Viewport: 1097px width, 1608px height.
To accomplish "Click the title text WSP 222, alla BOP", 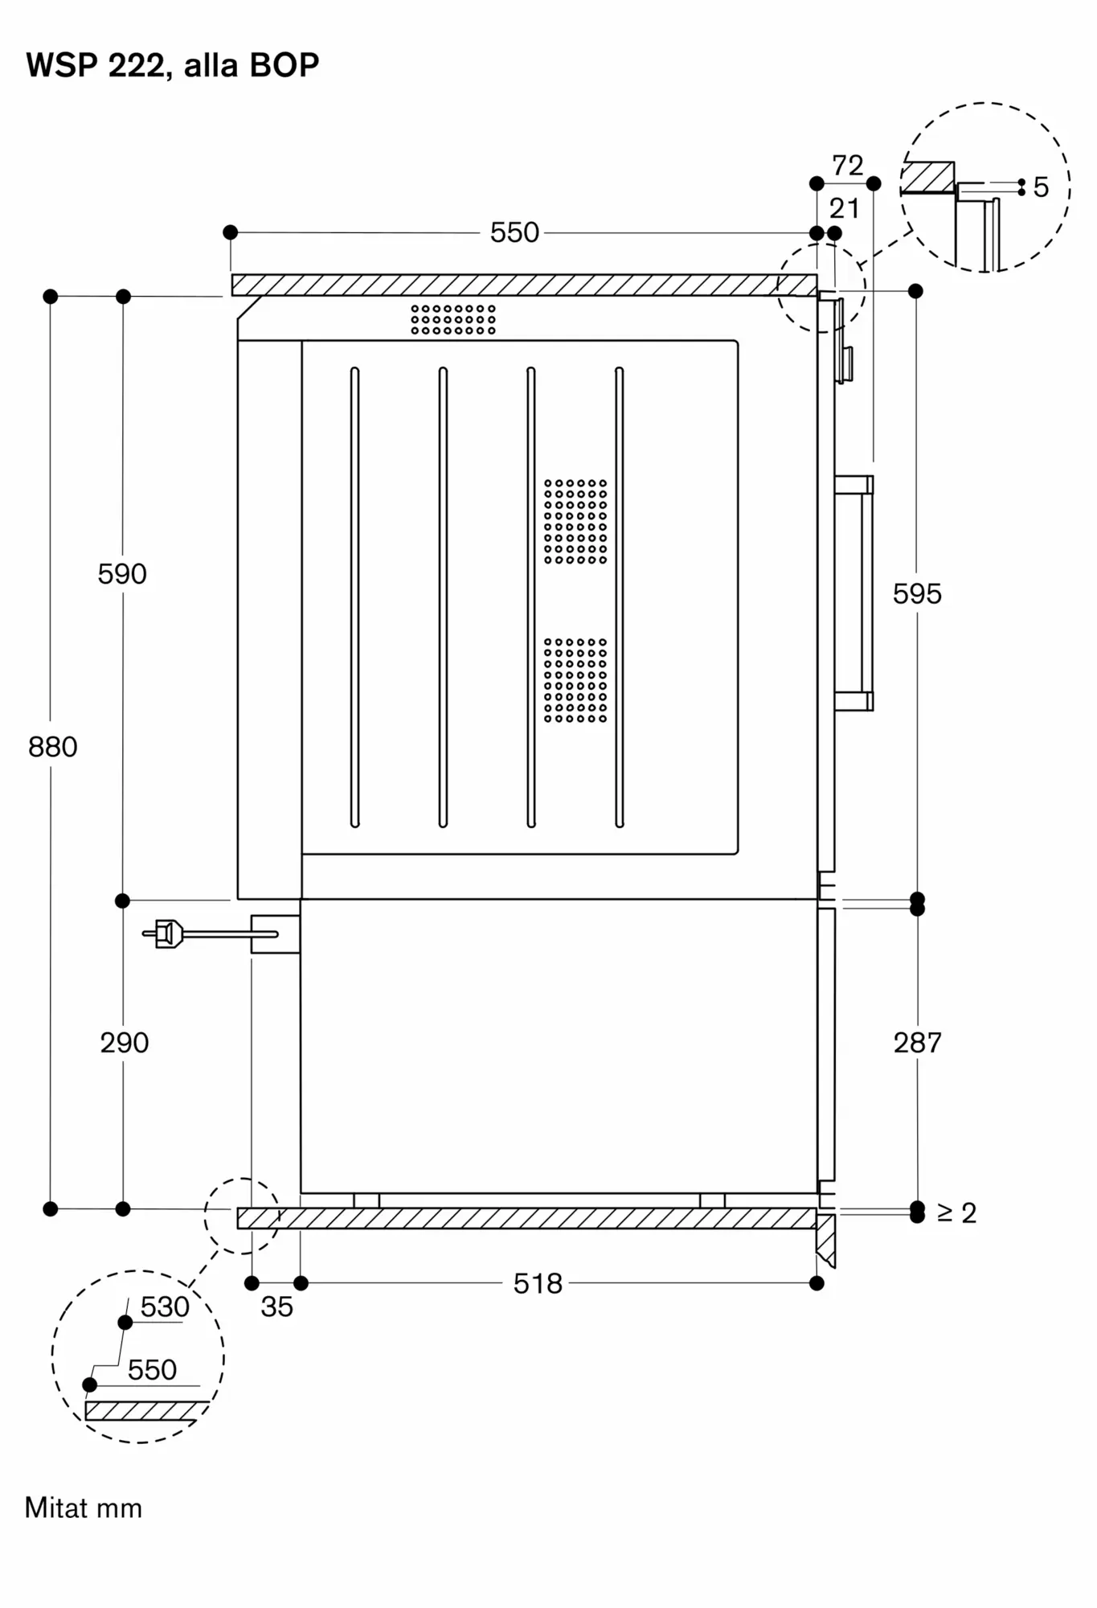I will tap(172, 65).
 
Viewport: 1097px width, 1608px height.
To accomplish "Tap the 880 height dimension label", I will tap(53, 747).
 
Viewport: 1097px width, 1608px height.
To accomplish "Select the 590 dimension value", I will tap(122, 574).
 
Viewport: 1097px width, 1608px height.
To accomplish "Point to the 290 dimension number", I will tap(125, 1043).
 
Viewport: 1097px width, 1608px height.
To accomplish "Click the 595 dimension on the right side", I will tap(917, 594).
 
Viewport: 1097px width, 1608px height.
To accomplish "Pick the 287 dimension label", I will tap(917, 1043).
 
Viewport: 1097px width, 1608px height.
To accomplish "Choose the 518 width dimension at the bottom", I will tap(538, 1283).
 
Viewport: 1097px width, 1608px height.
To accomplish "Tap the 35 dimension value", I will tap(276, 1307).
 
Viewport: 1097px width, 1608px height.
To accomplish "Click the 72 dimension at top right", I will tap(847, 166).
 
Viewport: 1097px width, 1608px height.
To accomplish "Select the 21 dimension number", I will tap(844, 209).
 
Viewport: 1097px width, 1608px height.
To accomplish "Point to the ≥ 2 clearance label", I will tap(956, 1212).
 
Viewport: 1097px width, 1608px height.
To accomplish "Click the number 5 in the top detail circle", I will tap(1041, 187).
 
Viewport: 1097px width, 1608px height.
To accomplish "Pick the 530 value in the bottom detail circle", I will tap(165, 1307).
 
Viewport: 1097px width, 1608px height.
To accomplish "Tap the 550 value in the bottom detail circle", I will tap(152, 1370).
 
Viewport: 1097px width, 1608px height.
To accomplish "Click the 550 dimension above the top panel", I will tap(514, 233).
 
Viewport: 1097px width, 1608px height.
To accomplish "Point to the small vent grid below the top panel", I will tap(453, 319).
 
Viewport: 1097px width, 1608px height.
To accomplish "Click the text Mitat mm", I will tap(84, 1508).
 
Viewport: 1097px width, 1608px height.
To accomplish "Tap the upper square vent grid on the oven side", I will tap(575, 521).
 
